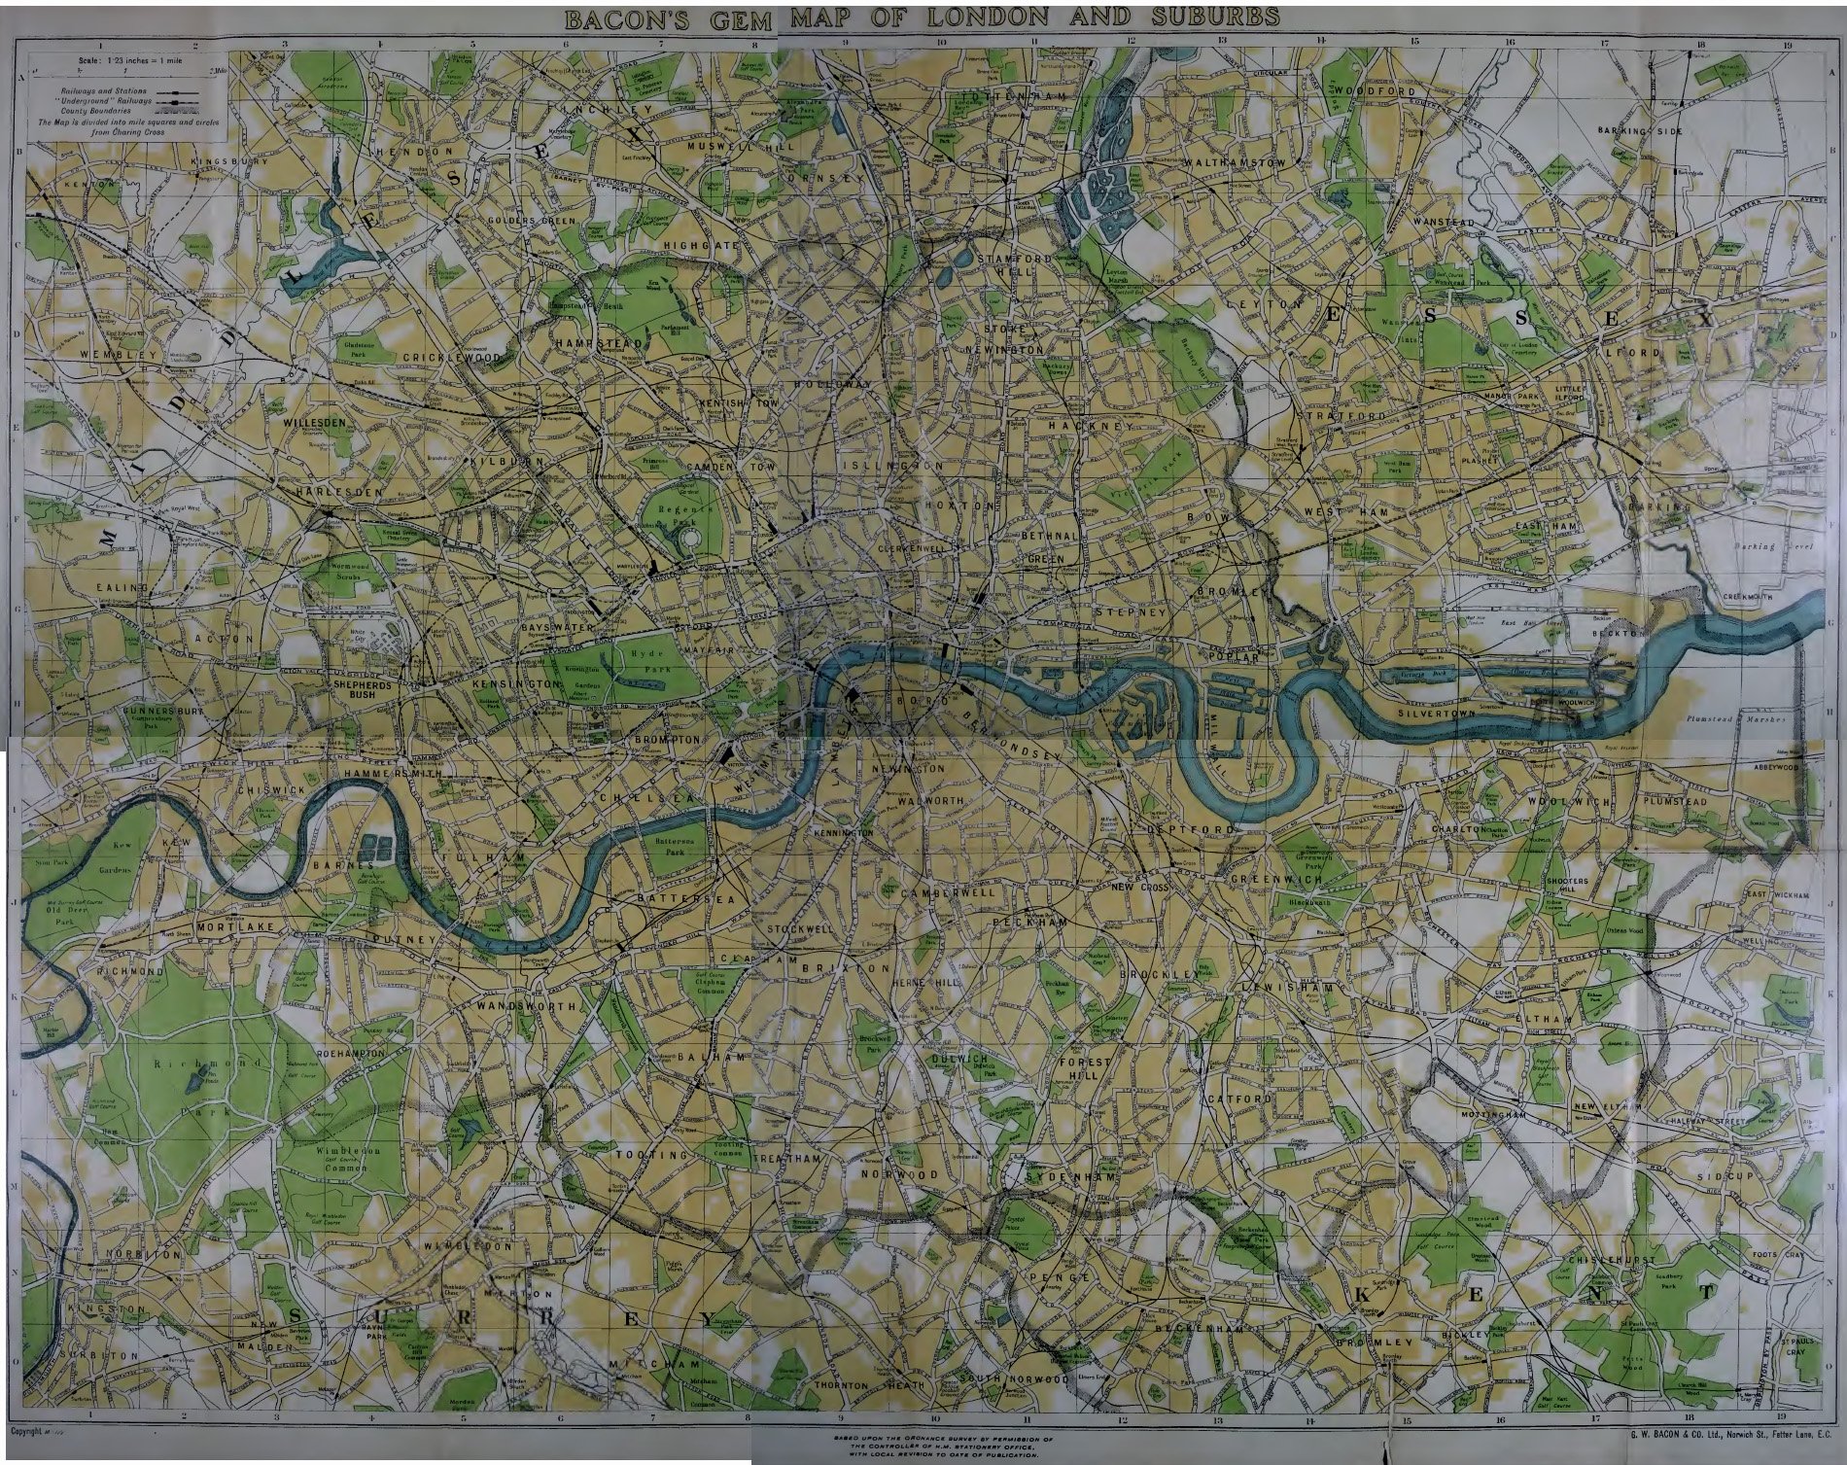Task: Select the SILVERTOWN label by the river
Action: coord(1437,713)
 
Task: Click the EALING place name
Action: coord(122,588)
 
